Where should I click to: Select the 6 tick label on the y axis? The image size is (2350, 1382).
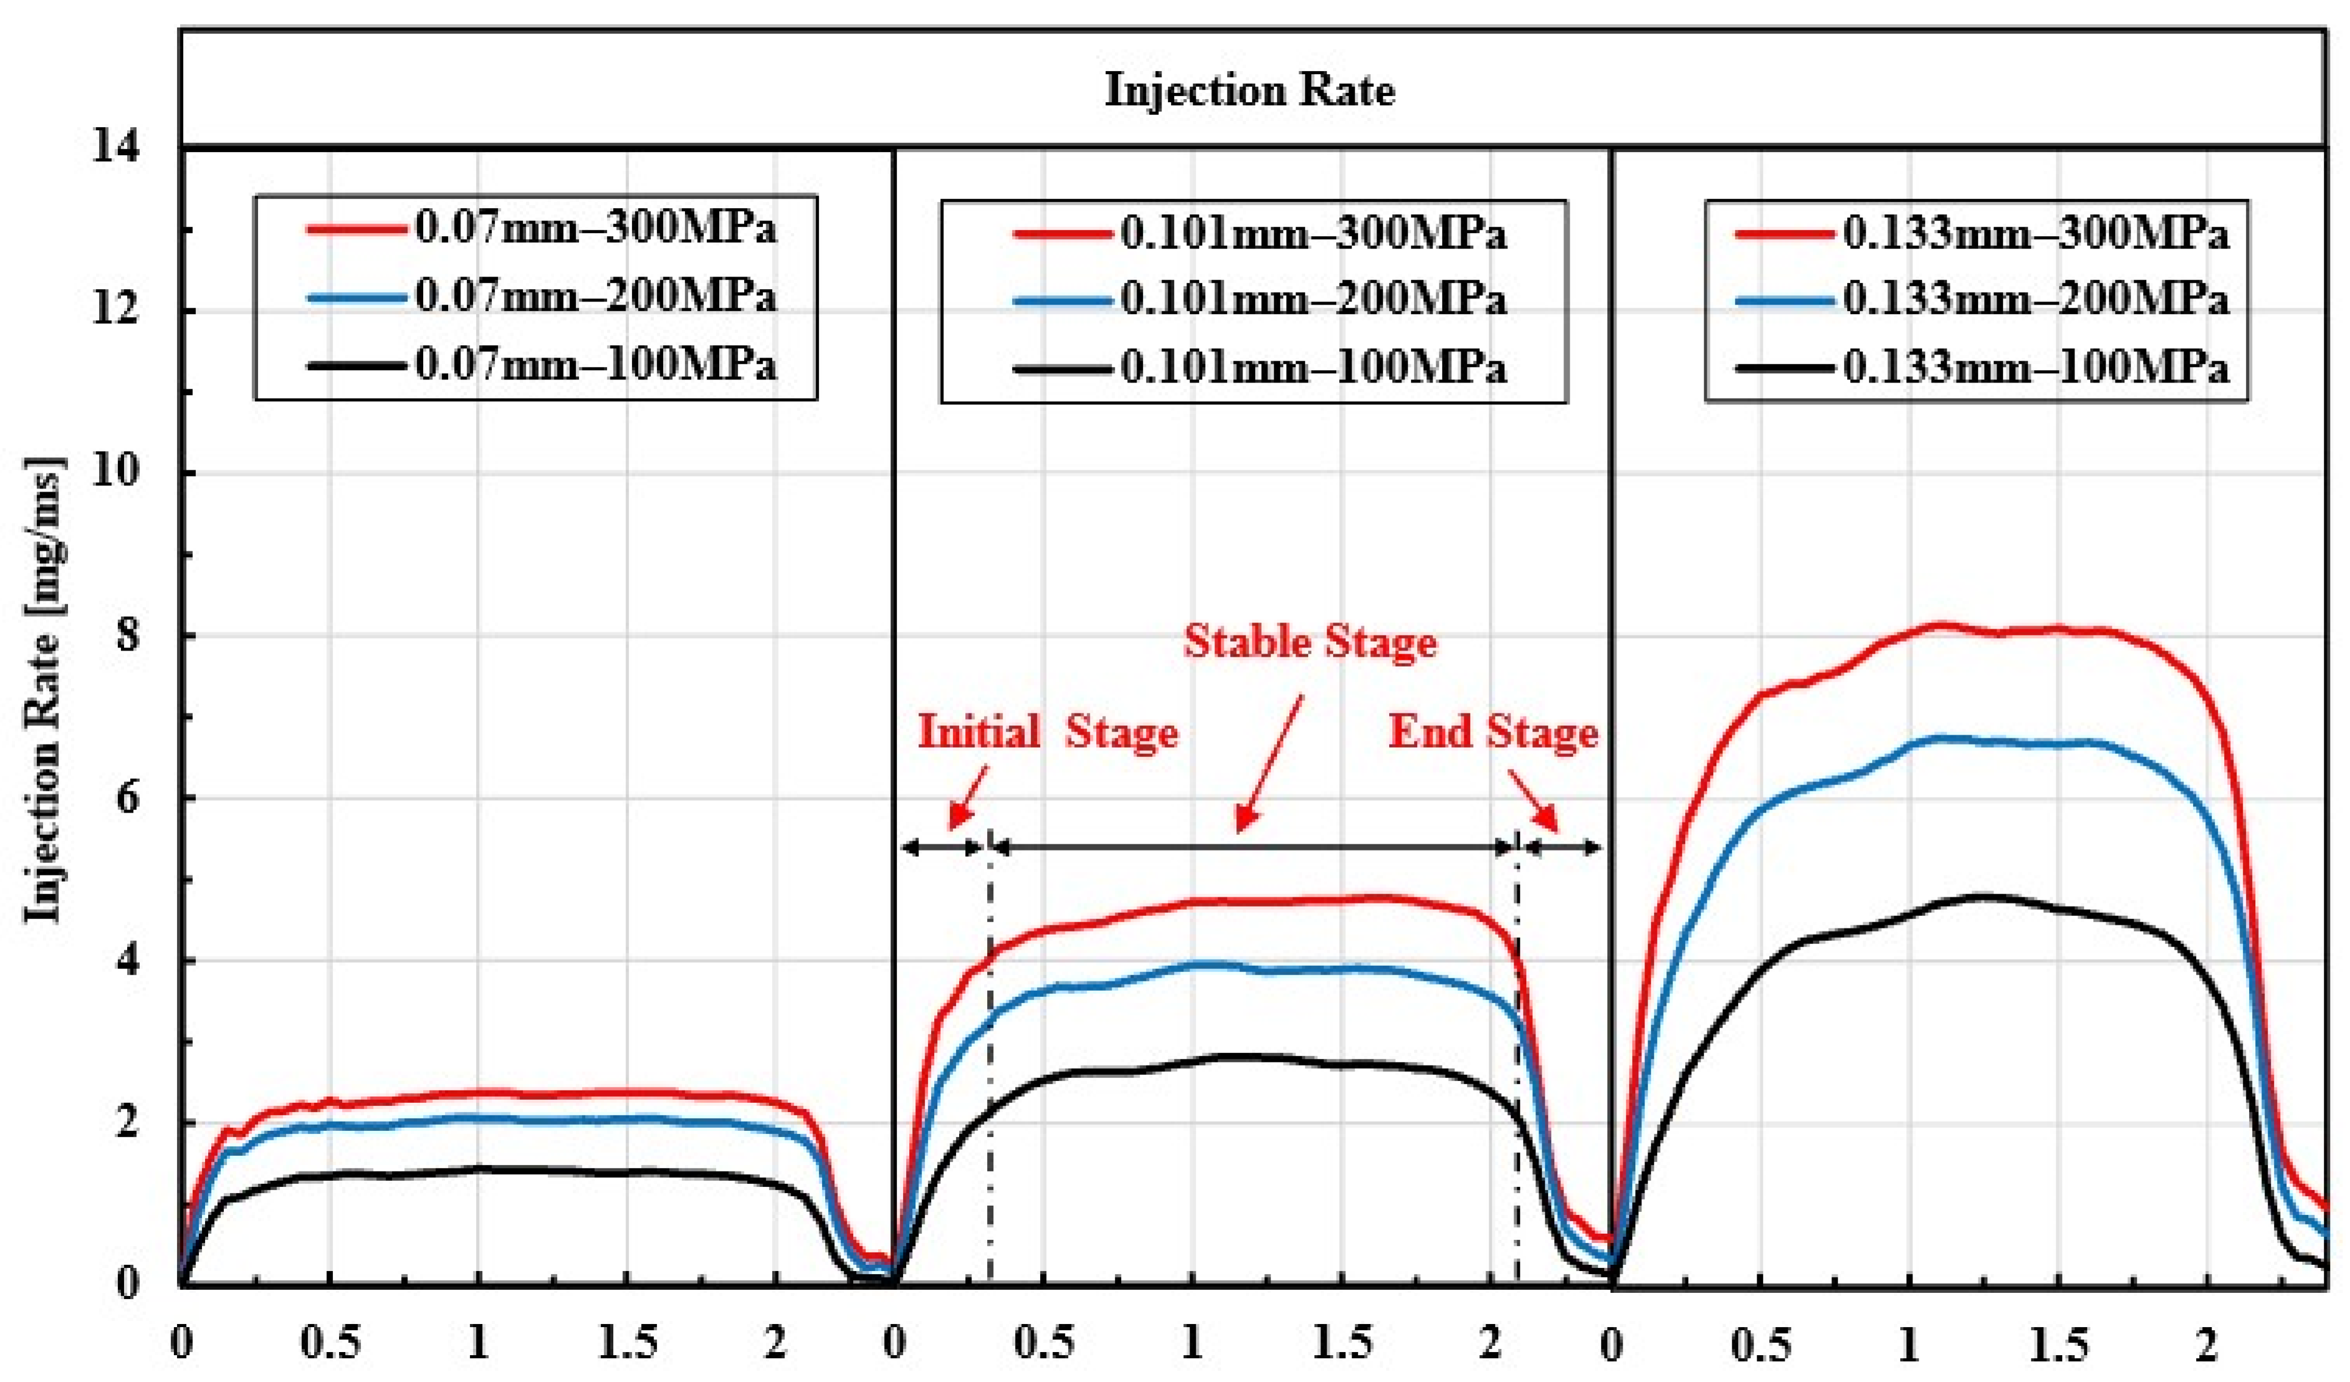[126, 798]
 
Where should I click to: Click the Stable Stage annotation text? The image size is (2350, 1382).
[1310, 642]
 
